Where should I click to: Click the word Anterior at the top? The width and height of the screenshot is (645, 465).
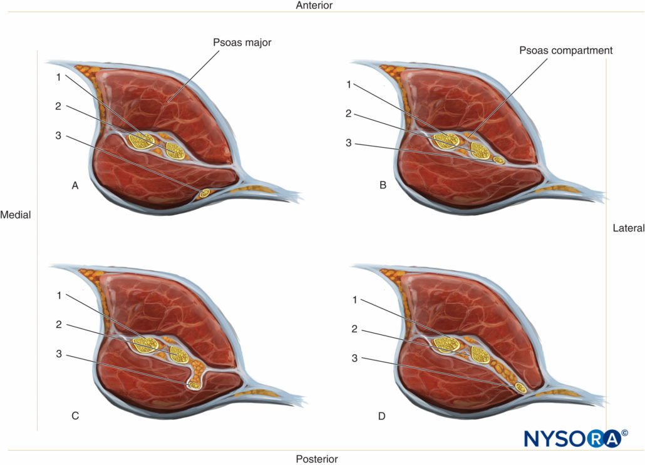point(314,5)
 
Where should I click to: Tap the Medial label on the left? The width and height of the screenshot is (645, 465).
point(16,215)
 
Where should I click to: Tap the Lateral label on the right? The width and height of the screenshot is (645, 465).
point(628,228)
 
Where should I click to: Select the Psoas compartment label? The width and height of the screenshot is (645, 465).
point(565,50)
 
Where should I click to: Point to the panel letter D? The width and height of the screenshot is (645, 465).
point(382,415)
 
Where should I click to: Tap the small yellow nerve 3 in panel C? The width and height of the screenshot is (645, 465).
point(195,386)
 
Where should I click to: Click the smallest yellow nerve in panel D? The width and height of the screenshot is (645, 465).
point(520,389)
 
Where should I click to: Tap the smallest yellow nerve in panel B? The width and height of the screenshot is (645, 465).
point(498,160)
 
